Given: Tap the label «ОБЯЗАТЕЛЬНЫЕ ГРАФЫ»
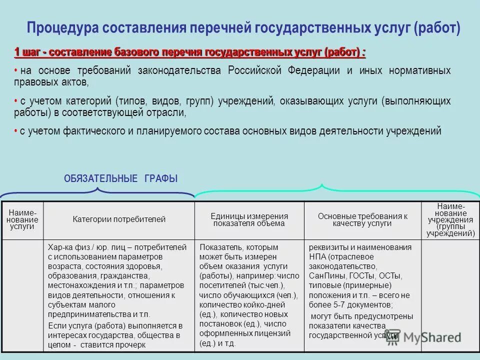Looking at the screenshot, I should click(x=120, y=178).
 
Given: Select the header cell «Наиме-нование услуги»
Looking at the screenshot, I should click(x=22, y=219).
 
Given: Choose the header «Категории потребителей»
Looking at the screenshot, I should click(x=119, y=219).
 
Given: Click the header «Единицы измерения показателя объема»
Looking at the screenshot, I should click(x=249, y=219).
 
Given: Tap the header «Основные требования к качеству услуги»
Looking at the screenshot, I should click(x=362, y=219).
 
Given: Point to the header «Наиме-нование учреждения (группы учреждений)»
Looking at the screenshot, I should click(x=450, y=219).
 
